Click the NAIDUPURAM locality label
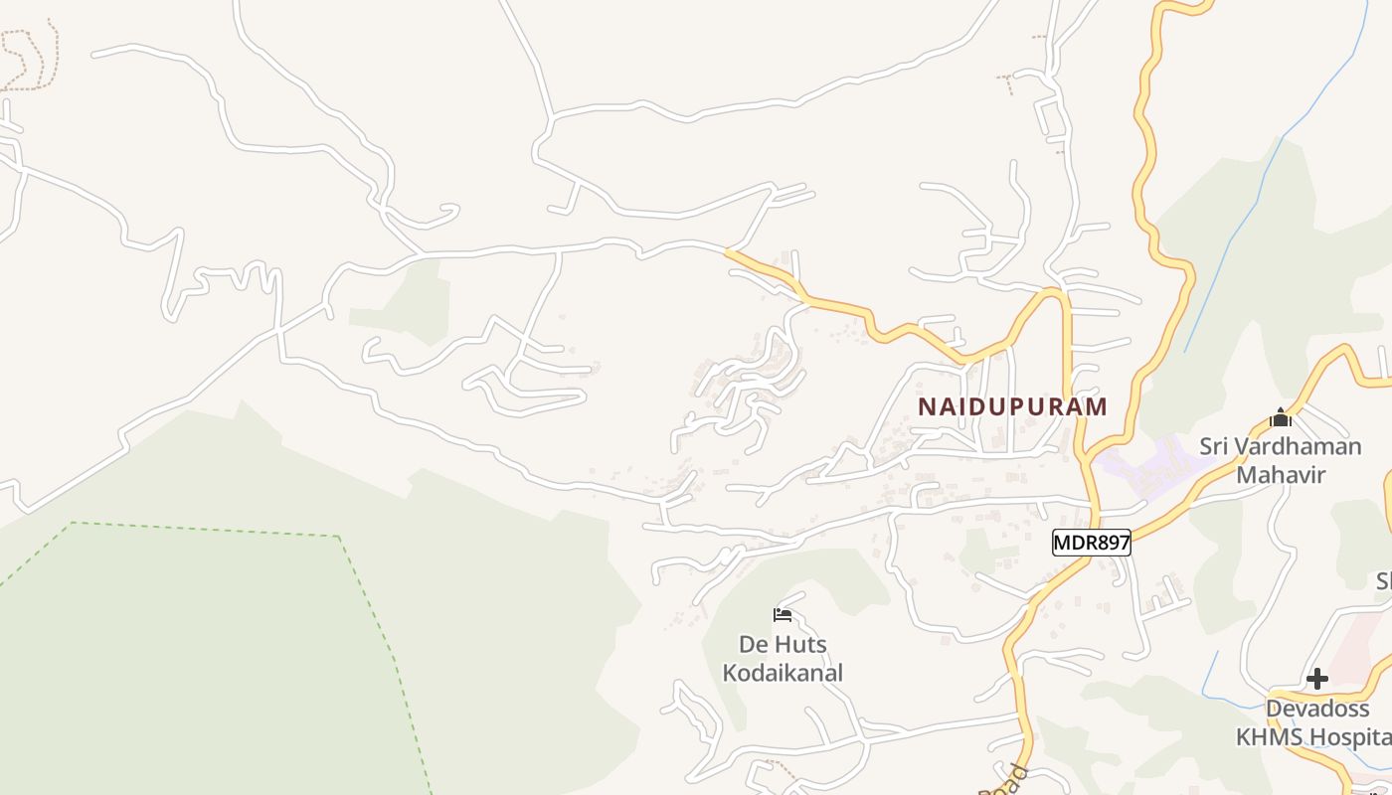click(1012, 406)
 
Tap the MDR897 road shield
click(1091, 543)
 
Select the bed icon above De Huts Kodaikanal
click(783, 615)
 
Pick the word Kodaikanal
click(783, 673)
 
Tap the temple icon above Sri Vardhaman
click(1280, 418)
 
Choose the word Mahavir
click(1281, 476)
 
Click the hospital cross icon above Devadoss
click(1317, 680)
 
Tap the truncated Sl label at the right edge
click(1383, 581)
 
